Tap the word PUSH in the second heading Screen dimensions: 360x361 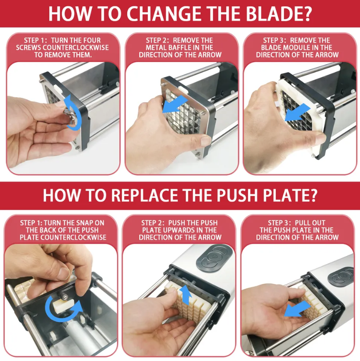237,195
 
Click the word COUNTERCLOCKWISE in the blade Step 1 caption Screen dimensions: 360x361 76,48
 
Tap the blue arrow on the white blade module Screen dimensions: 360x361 297,112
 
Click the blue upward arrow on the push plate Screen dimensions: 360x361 186,295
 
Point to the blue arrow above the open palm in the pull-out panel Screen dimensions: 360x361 297,309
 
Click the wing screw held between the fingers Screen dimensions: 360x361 70,117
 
